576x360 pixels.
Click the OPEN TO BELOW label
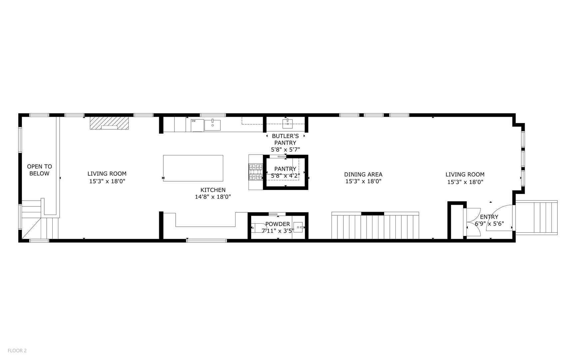point(39,170)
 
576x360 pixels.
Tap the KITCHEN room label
point(213,190)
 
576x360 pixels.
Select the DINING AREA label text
point(363,174)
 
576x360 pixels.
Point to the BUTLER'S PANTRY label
point(285,139)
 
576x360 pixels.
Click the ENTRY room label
point(489,217)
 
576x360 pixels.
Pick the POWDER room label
point(278,224)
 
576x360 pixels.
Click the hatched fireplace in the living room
point(109,123)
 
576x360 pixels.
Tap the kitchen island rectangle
point(193,168)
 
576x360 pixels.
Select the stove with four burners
point(256,172)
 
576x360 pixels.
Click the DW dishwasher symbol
point(197,125)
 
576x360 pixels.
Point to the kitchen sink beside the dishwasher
point(212,125)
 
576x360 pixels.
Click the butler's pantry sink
point(288,123)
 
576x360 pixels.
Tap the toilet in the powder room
point(259,228)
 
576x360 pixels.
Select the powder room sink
point(299,227)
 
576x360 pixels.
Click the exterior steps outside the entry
point(536,217)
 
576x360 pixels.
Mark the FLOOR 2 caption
point(17,350)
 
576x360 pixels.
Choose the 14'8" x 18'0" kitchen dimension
point(213,197)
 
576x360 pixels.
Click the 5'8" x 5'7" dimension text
point(285,150)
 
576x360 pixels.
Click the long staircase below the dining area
point(375,226)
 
